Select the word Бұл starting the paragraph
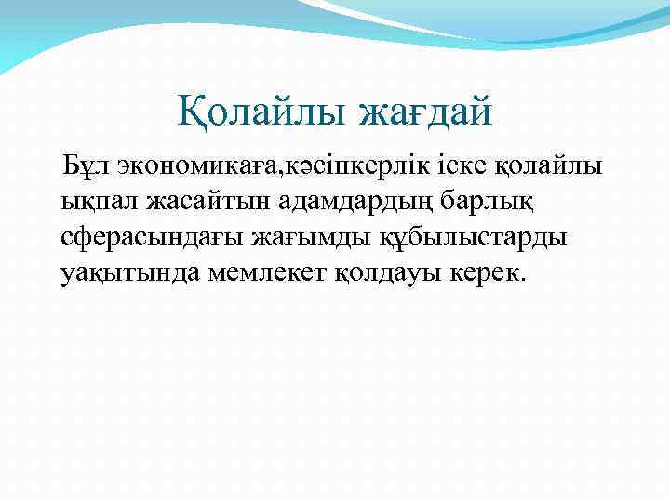(80, 167)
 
